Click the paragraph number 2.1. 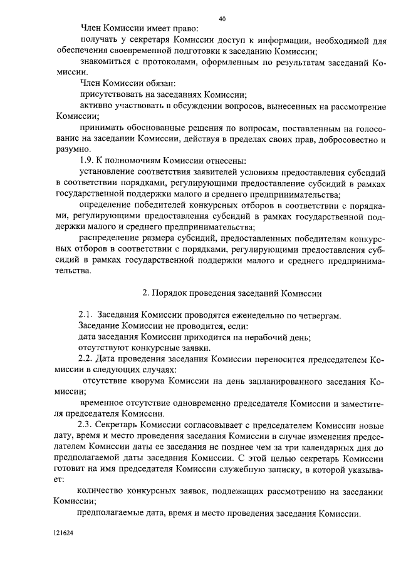tap(86, 316)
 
